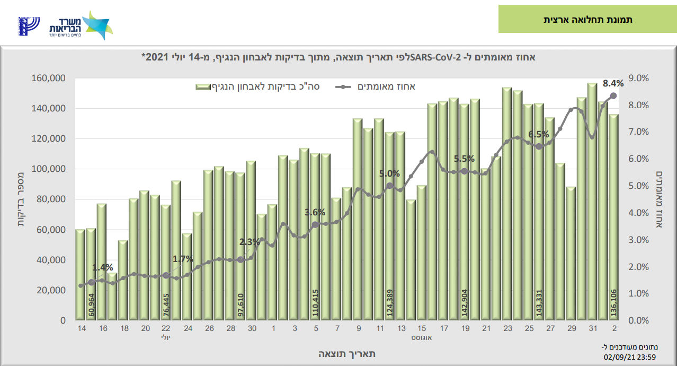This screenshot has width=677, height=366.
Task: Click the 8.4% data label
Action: [613, 83]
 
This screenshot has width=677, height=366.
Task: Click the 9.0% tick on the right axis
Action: [638, 79]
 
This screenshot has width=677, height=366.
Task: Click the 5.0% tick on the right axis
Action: [638, 186]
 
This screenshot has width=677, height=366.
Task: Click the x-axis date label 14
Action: [81, 329]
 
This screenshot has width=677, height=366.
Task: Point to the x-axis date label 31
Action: [592, 329]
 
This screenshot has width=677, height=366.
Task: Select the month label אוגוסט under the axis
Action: [422, 337]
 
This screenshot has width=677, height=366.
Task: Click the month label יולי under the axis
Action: [166, 337]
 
